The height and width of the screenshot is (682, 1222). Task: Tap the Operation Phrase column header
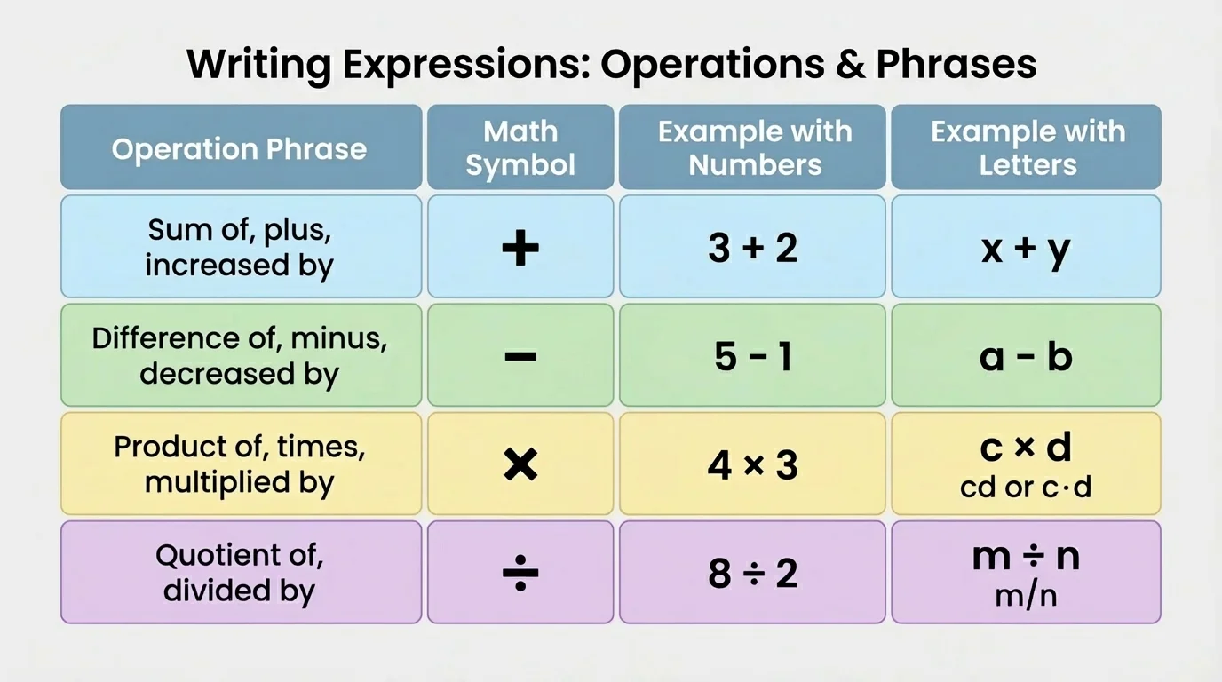coord(240,148)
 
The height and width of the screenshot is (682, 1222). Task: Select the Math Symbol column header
coord(520,148)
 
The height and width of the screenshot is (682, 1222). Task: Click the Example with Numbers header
coord(754,148)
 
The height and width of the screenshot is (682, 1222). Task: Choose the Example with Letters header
coord(1028,148)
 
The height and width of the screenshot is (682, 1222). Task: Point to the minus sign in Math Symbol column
coord(520,357)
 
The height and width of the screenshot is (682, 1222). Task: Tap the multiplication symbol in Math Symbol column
coord(520,464)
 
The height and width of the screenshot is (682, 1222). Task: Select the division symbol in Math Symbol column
coord(520,574)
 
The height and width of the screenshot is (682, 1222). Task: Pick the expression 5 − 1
coord(753,357)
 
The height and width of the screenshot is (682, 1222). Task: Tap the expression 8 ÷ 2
coord(753,574)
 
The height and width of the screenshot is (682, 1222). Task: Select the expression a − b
coord(1027,357)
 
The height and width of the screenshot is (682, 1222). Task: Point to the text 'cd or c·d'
coord(1026,488)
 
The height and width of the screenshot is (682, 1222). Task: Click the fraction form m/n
coord(1027,595)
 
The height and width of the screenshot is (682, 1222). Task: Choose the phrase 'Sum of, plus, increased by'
coord(240,247)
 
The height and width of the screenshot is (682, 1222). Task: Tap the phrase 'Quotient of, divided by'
coord(240,573)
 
